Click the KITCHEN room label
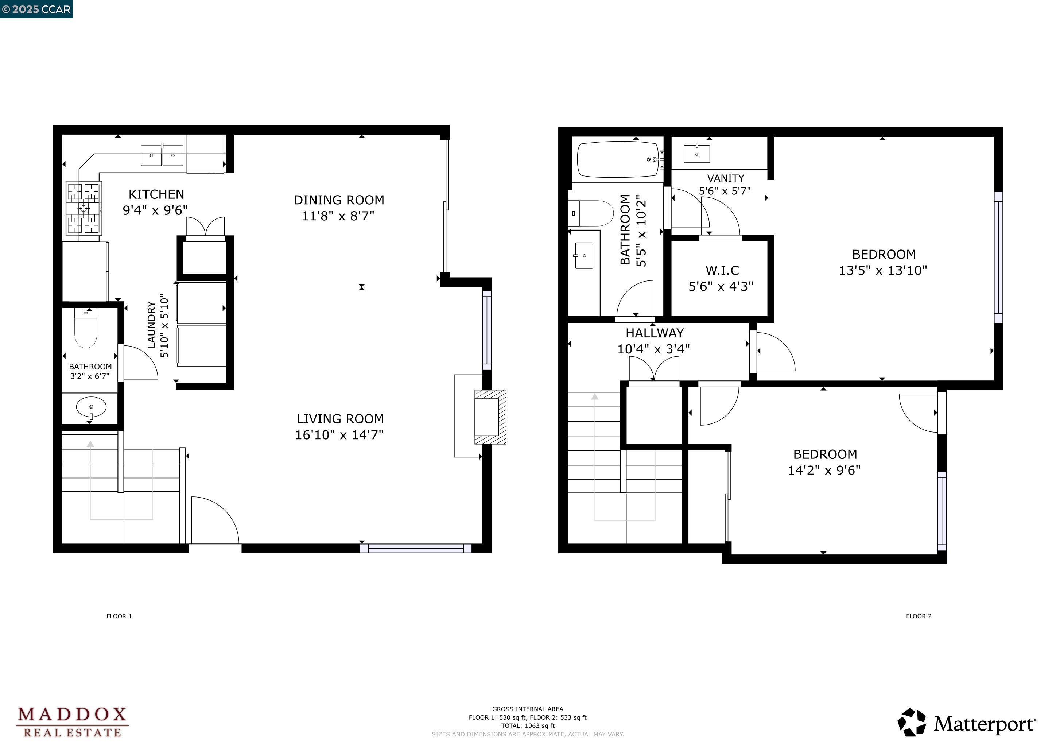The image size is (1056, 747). coord(156,194)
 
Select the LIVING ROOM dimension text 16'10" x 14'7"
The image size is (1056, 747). coord(339,435)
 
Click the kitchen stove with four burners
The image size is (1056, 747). coord(84,208)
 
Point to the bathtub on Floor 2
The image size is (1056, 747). coord(618,159)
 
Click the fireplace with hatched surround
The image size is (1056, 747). coord(489,417)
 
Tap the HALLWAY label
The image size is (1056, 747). coord(654,333)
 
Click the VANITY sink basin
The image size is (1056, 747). coord(696,154)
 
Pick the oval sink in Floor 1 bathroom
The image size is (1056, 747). coord(91,407)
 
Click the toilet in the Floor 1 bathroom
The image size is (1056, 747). coord(86,328)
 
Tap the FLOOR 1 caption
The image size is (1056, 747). coord(119,616)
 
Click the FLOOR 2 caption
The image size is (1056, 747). coord(919,616)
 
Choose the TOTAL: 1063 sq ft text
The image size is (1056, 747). coord(528,726)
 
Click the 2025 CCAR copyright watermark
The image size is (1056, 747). coord(37,9)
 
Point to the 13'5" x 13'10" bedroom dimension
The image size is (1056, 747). coord(882,271)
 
